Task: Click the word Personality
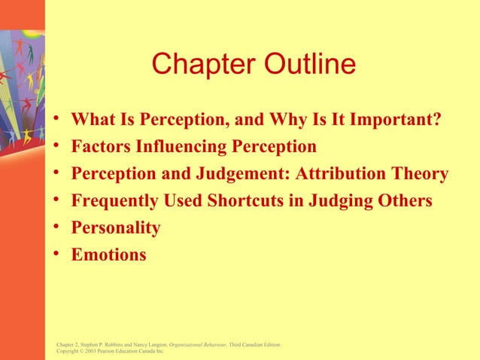(x=116, y=228)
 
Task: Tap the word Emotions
(x=108, y=255)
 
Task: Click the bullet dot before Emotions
(x=57, y=255)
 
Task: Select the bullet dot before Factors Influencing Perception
(x=57, y=146)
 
